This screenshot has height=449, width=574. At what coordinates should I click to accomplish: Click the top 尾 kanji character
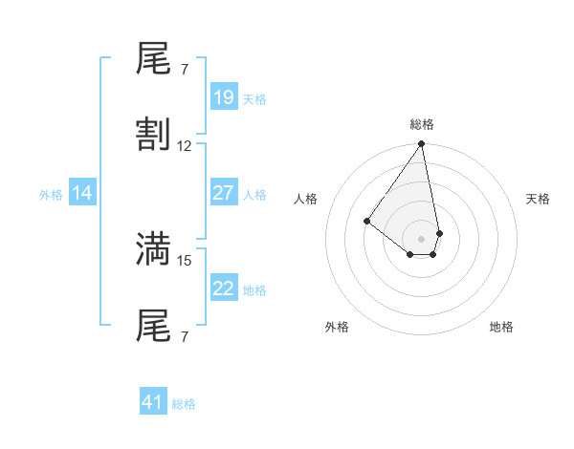coord(154,63)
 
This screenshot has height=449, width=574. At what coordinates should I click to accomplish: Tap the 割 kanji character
coord(154,135)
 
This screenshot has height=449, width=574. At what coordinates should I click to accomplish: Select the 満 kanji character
coord(154,248)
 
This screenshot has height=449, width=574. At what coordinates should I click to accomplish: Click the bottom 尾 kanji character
coord(154,326)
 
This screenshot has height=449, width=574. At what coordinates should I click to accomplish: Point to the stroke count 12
coord(185,146)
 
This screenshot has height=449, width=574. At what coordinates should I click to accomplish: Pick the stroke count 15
coord(185,260)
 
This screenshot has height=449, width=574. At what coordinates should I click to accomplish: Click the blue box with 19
coord(223,96)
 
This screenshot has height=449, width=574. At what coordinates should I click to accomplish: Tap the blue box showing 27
coord(223,193)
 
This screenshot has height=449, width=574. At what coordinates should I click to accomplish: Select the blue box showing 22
coord(223,289)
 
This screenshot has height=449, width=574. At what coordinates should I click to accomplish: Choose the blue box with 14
coord(81,194)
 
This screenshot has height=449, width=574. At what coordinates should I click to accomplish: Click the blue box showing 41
coord(152,402)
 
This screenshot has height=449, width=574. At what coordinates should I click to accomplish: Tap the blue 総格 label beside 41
coord(184,404)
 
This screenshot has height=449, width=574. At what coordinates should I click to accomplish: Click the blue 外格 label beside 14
coord(51,195)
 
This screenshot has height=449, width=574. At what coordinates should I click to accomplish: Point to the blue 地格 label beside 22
coord(254,290)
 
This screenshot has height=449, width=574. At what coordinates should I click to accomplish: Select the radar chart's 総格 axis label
coord(421,124)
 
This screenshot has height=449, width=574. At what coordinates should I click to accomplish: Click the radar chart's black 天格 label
coord(538,199)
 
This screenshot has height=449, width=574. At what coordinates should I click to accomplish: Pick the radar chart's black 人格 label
coord(306,199)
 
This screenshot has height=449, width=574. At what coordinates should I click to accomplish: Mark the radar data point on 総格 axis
coord(421,145)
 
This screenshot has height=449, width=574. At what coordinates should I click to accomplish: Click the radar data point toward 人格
coord(366,222)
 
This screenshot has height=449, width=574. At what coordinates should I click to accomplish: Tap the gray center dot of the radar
coord(421,238)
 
